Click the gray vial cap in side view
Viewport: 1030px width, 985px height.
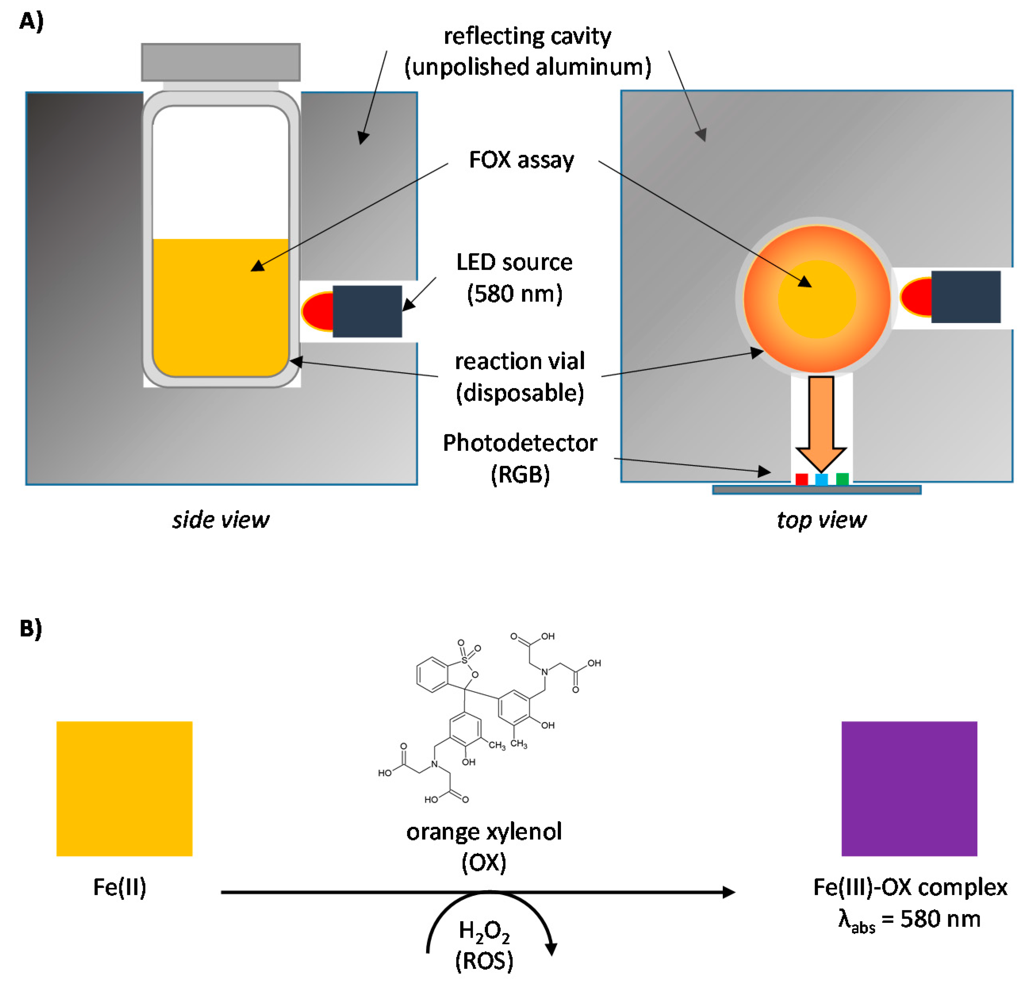[x=220, y=62]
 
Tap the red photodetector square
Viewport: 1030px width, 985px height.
[x=801, y=479]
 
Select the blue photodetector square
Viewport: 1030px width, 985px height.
[x=821, y=479]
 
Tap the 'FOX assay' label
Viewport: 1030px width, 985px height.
[x=521, y=160]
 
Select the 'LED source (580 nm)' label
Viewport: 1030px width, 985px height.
[x=514, y=277]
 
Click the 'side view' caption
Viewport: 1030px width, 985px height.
[x=220, y=520]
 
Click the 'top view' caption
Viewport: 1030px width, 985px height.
[x=821, y=520]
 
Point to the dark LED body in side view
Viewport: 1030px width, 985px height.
[x=367, y=311]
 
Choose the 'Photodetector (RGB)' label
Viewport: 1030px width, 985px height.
[x=520, y=458]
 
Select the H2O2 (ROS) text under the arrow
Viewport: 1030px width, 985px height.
[x=484, y=945]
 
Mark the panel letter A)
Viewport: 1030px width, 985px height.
[x=31, y=21]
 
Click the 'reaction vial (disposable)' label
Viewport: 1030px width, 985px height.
[x=520, y=376]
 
